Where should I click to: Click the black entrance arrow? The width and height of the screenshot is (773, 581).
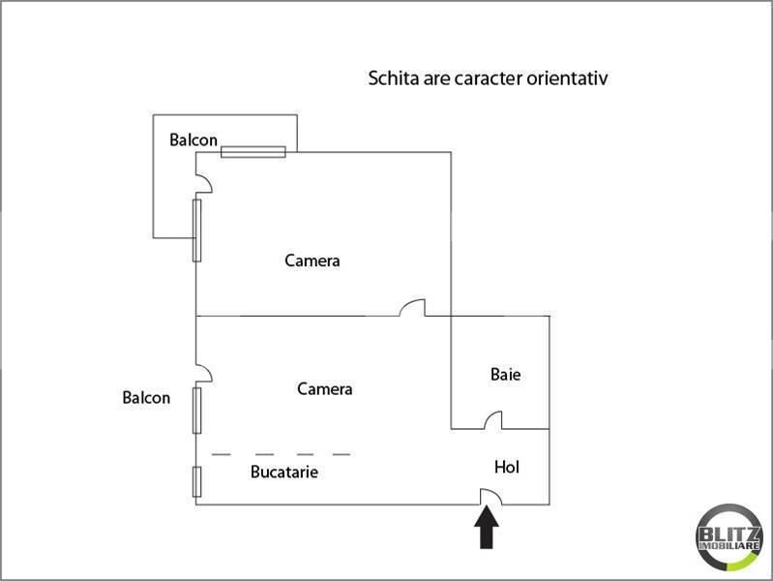[x=487, y=528]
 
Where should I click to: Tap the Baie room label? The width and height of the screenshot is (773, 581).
[x=505, y=374]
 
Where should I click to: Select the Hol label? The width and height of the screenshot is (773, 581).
[x=507, y=467]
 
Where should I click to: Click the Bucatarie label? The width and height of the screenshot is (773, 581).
[x=284, y=472]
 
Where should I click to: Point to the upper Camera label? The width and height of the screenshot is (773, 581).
[x=312, y=260]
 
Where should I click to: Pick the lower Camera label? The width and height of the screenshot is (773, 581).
[x=324, y=389]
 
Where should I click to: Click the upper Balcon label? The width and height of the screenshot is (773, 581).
[x=193, y=139]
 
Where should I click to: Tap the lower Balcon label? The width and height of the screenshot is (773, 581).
[x=146, y=397]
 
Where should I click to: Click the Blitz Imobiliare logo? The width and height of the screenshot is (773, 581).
[x=728, y=537]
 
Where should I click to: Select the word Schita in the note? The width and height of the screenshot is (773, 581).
[x=394, y=78]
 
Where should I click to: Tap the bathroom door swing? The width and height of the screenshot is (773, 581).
[x=493, y=420]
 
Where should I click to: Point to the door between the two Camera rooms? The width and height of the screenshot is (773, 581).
[x=412, y=307]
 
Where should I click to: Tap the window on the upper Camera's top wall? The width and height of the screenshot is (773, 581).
[x=253, y=152]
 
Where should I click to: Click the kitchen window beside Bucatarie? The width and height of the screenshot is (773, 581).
[x=196, y=482]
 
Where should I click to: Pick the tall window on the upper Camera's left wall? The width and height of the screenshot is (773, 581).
[x=196, y=230]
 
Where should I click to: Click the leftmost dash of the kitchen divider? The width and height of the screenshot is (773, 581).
[x=222, y=454]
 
